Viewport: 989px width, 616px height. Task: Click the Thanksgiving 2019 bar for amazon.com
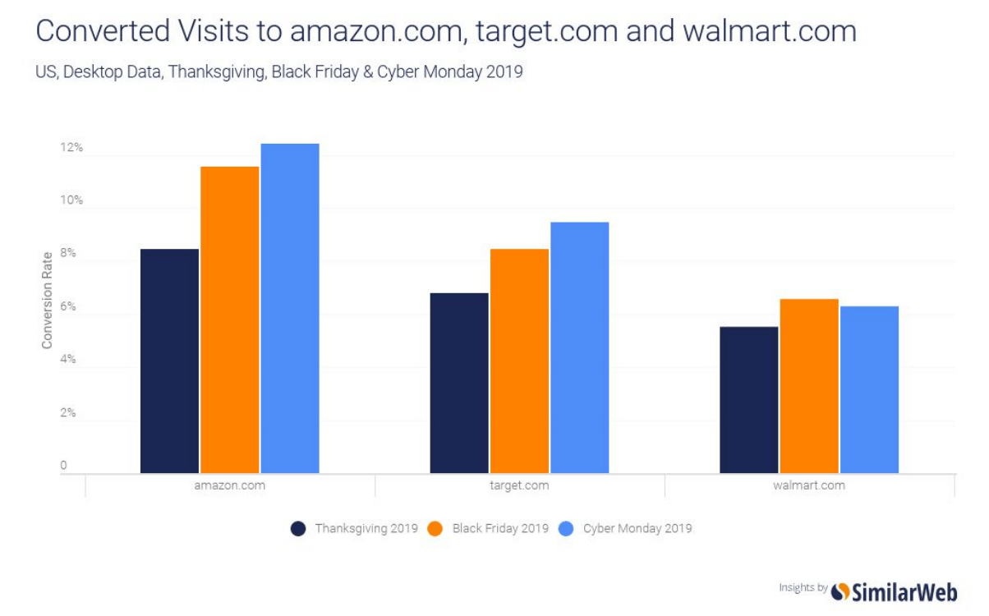point(169,361)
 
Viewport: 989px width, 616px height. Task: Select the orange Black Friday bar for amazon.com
point(229,319)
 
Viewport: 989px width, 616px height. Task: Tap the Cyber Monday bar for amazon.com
point(290,308)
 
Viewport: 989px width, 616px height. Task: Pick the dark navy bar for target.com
point(459,383)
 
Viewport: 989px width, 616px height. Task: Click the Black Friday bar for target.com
point(519,361)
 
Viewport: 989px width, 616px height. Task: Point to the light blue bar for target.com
point(579,347)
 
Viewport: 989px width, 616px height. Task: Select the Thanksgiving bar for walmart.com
point(748,399)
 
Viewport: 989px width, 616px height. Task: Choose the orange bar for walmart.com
point(808,386)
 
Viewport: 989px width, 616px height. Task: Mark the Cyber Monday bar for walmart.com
point(869,389)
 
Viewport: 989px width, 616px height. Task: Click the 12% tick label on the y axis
point(71,148)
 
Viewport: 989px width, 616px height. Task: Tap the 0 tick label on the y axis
point(63,467)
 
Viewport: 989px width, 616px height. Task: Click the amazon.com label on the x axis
point(229,485)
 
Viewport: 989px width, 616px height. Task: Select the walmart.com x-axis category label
point(808,485)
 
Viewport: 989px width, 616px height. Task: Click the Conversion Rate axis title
point(48,299)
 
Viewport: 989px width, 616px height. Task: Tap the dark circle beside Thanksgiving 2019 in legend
point(299,529)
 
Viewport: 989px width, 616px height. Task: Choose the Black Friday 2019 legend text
point(499,528)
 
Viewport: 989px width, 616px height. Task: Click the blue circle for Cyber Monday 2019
point(567,529)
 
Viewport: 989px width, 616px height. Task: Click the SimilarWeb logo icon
point(840,591)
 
